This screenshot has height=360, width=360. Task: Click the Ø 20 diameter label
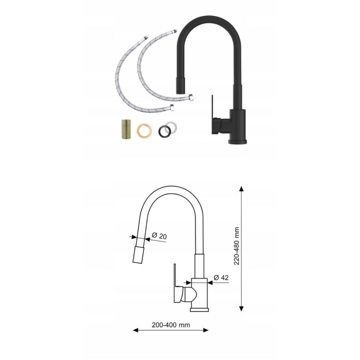coord(159,236)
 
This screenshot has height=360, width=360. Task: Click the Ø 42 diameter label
coord(221,278)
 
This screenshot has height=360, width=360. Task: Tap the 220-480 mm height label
coord(237,246)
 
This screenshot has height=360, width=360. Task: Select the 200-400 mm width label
coord(171,325)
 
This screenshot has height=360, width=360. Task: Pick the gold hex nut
coord(144,131)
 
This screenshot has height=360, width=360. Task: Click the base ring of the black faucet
coord(238,141)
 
